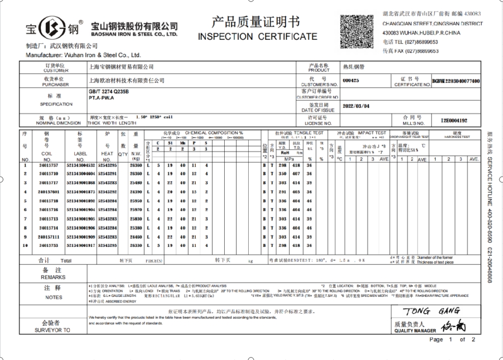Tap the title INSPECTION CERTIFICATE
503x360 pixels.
click(257, 37)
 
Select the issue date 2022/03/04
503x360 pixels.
click(356, 107)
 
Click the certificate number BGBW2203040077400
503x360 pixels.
click(456, 80)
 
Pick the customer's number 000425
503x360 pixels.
click(351, 80)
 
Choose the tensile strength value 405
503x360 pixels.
click(295, 191)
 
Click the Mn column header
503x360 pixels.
click(182, 143)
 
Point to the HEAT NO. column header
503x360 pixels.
click(107, 151)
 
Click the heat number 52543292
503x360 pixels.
click(107, 191)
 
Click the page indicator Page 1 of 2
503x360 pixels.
click(452, 340)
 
